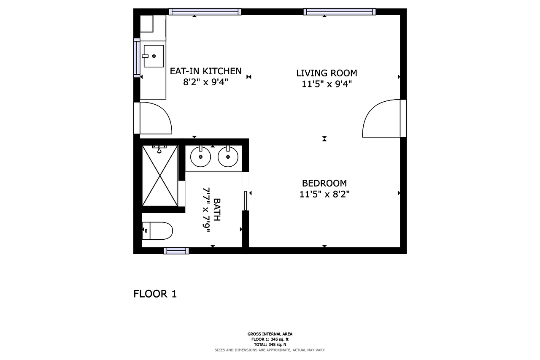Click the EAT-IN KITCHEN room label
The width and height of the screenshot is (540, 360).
tap(205, 71)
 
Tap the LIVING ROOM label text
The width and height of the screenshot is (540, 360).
tap(327, 73)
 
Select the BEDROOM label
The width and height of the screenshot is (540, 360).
tap(324, 183)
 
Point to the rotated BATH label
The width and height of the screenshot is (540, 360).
tap(217, 209)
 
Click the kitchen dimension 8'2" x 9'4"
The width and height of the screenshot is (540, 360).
tap(205, 82)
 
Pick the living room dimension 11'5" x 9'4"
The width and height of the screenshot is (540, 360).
tap(327, 84)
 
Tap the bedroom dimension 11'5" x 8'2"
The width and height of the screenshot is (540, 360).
tap(324, 194)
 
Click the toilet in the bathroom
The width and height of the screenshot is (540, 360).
tap(157, 231)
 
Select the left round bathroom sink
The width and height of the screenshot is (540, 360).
tap(200, 157)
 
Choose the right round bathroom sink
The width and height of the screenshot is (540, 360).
tap(228, 157)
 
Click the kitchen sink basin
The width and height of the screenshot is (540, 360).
tap(154, 56)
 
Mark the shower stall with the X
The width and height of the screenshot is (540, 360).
tap(160, 176)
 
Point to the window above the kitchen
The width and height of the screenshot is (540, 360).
tap(205, 11)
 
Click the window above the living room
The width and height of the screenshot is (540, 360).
tap(340, 11)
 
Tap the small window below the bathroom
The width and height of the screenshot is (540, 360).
tap(176, 251)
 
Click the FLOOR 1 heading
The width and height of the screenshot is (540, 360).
tap(155, 294)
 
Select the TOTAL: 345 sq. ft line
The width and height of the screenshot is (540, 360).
tap(270, 344)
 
